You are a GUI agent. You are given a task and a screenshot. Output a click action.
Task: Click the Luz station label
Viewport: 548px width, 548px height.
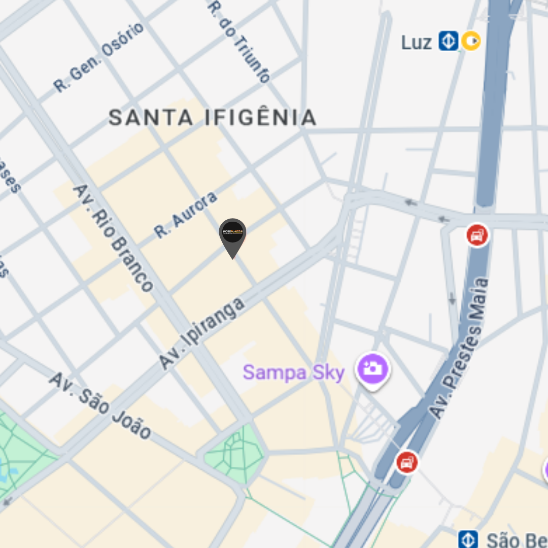pos(416,43)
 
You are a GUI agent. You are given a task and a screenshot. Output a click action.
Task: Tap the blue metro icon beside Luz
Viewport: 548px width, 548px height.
pos(448,41)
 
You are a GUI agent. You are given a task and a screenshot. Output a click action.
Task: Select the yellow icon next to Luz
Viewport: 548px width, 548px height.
pos(471,41)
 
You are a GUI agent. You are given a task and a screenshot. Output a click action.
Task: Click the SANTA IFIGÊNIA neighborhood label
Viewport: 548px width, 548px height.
pos(213,118)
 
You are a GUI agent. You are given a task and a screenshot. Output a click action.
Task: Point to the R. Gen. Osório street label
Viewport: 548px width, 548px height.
pos(99,57)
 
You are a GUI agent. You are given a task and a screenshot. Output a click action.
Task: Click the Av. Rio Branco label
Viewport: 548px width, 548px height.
pos(113,237)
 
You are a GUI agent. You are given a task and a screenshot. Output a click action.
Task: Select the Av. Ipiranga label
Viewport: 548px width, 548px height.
pos(201,333)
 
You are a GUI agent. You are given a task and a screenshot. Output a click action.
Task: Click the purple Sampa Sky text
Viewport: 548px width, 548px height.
pos(294,372)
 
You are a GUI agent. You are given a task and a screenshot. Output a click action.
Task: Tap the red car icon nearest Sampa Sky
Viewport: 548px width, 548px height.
pos(407,462)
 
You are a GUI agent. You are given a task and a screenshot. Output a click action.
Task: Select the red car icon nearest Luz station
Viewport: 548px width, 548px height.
pos(477,235)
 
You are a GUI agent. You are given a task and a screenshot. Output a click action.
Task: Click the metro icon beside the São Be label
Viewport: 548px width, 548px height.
pos(467,539)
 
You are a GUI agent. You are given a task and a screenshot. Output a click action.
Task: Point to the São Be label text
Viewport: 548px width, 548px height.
pos(516,540)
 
